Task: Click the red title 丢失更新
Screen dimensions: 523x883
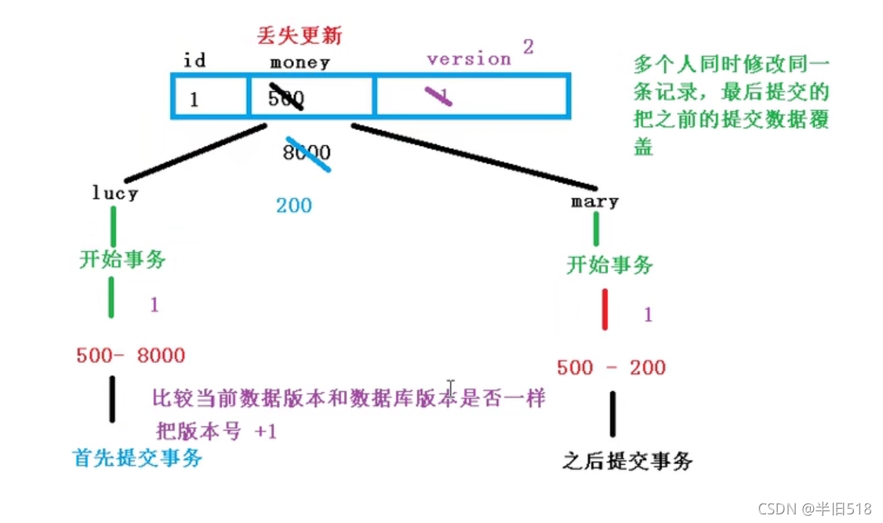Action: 300,35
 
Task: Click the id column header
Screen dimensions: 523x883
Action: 194,60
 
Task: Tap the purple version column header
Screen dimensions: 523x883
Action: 468,59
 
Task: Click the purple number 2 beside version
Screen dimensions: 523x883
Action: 528,47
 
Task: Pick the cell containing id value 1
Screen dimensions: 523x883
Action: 193,99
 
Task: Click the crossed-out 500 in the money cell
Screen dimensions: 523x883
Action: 285,97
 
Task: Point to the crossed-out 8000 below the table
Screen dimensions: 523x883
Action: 307,152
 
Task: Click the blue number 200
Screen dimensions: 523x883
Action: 293,205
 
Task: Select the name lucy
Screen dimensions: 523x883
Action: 114,193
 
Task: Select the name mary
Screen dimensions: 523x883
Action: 595,202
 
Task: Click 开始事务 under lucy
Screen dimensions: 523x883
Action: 122,260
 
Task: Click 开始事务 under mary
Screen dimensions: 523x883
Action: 609,265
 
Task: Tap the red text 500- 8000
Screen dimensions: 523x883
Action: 130,355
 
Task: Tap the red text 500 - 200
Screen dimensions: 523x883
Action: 611,367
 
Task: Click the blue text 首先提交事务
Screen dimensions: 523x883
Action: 137,458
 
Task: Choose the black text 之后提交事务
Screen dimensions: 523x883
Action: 627,461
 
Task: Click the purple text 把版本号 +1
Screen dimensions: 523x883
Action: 216,431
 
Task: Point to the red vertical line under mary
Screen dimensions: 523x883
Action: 605,310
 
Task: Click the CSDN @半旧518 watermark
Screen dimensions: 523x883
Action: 815,508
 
